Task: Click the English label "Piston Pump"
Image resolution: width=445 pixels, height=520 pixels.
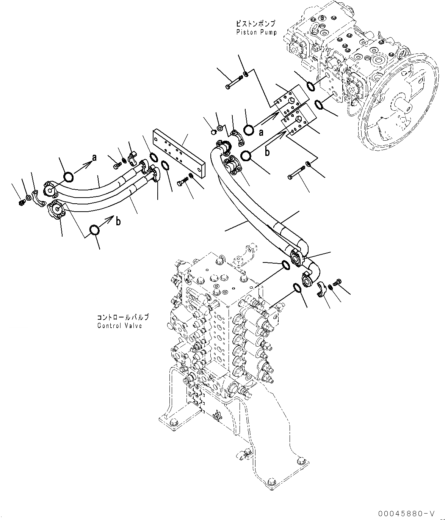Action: tap(256, 32)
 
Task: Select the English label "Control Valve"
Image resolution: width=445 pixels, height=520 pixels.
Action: tap(119, 325)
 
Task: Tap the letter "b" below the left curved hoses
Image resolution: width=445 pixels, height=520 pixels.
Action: tap(118, 221)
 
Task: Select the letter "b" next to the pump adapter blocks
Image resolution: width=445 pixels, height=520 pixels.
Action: tap(268, 152)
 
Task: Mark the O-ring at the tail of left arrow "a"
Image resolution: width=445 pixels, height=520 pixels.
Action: tap(69, 176)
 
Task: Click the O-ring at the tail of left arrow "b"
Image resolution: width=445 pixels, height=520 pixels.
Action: tap(94, 229)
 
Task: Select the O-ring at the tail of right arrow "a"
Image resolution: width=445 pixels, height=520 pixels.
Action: tap(249, 130)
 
